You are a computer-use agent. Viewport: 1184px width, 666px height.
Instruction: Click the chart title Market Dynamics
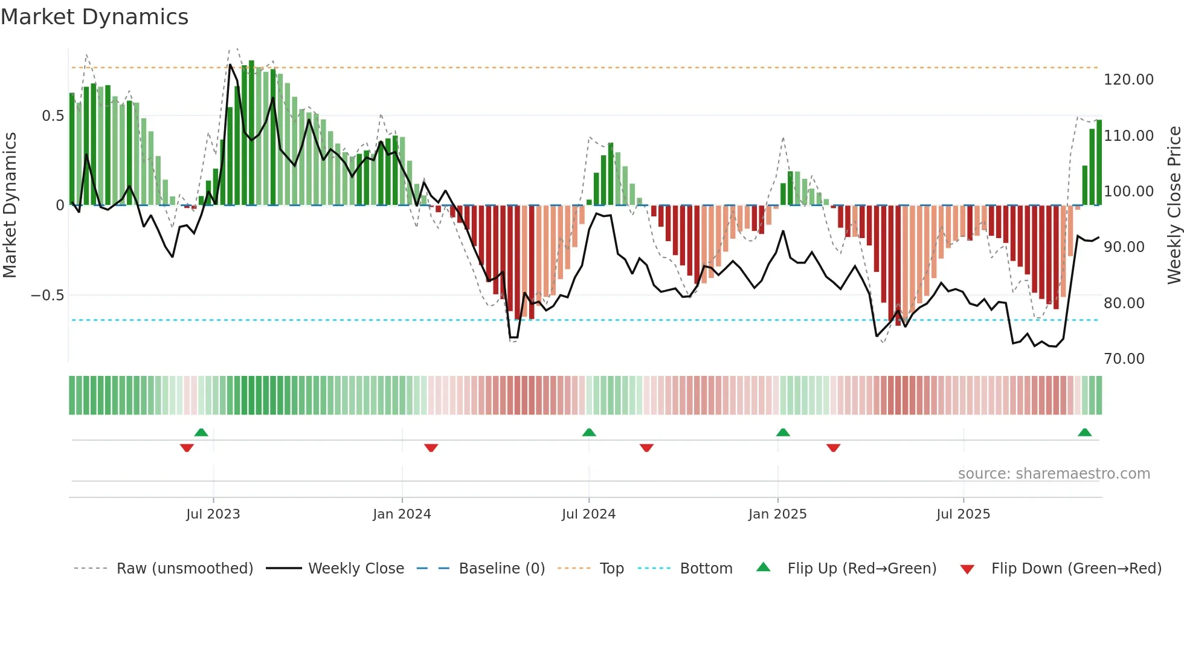[x=94, y=17]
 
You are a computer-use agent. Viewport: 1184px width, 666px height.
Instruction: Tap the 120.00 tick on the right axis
[x=1128, y=80]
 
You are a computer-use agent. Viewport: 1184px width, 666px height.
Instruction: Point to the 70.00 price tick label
[x=1124, y=359]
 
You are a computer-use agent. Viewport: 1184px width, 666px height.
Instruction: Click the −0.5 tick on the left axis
[x=47, y=296]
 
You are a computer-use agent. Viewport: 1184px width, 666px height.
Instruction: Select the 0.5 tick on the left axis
[x=53, y=116]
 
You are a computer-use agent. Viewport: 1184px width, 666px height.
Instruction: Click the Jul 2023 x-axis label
[x=213, y=514]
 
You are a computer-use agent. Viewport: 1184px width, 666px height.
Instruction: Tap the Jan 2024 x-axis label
[x=402, y=514]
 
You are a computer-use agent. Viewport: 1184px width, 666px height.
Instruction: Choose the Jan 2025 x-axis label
[x=777, y=514]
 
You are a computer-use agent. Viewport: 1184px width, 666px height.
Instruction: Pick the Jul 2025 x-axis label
[x=963, y=514]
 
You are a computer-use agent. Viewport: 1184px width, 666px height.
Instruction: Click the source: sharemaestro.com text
[x=1054, y=474]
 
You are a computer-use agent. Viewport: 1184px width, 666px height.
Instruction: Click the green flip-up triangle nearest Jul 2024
[x=589, y=432]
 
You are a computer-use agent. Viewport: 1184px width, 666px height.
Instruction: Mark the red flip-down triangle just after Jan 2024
[x=431, y=448]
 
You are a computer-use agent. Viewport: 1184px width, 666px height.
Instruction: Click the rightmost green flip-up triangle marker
[x=1084, y=432]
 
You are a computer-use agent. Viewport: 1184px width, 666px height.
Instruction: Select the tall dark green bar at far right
[x=1099, y=163]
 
